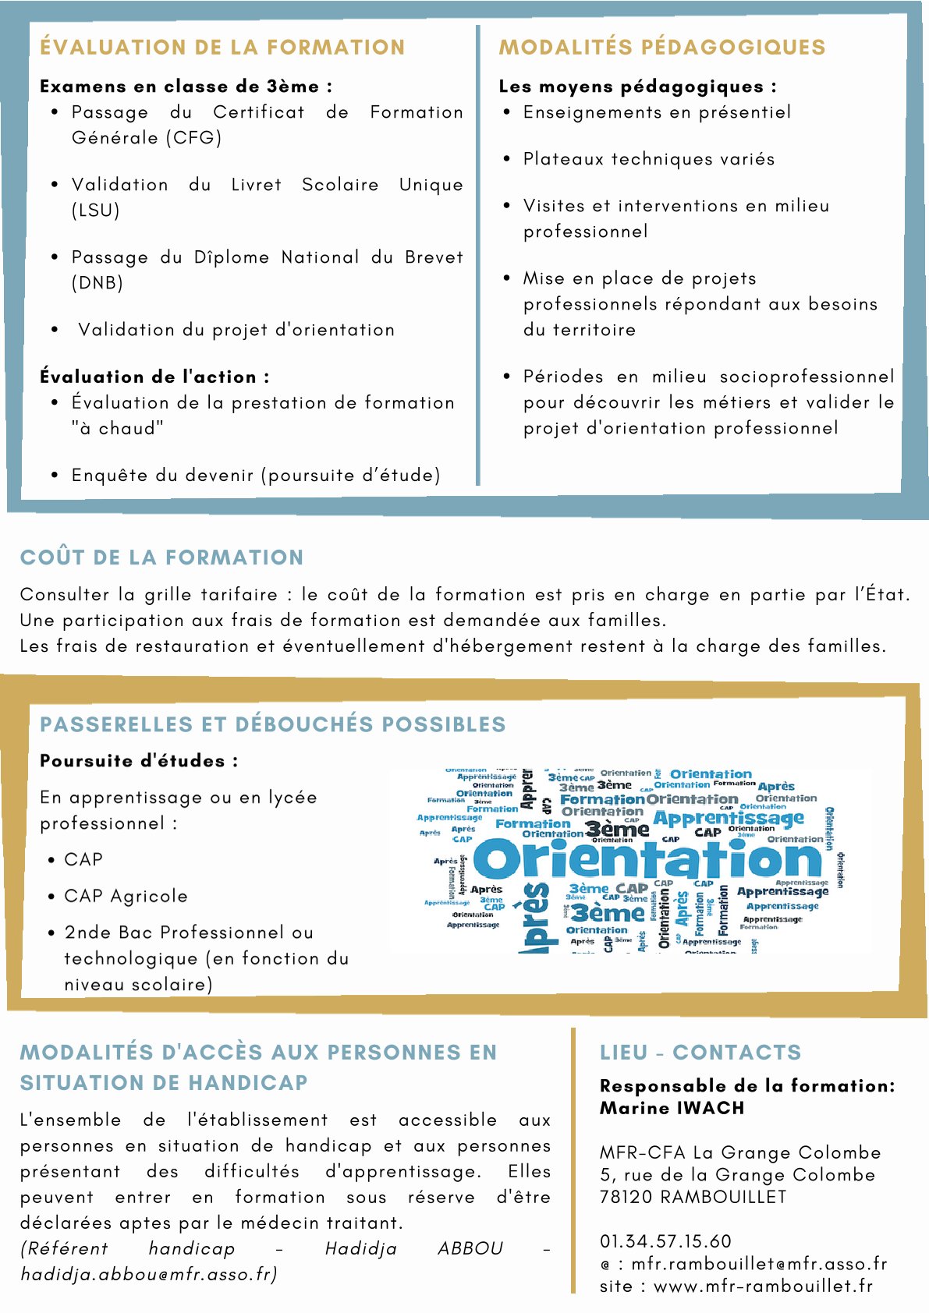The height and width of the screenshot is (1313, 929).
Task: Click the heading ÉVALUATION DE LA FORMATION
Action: coord(222,48)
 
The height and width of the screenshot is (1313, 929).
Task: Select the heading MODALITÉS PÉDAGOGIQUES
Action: coord(661,48)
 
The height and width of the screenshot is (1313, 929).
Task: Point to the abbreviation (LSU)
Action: coord(95,211)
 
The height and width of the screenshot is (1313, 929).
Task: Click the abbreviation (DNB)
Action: coord(97,283)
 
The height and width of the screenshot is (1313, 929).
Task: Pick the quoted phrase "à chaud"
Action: coord(117,429)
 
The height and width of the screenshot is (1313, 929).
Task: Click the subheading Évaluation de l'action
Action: coord(154,377)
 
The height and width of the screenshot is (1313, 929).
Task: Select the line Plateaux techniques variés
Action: coord(649,160)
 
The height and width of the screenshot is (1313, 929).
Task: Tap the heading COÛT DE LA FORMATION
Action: coord(161,557)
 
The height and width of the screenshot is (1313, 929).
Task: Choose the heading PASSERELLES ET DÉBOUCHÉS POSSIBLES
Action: coord(272,724)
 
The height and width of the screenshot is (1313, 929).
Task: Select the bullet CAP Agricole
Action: coord(126,897)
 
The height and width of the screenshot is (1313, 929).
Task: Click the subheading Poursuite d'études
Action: coord(139,761)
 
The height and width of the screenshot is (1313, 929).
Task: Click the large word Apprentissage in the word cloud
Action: coord(728,818)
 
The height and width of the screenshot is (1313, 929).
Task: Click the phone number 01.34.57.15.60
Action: coord(665,1241)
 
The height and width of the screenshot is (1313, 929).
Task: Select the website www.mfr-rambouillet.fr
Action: coord(763,1286)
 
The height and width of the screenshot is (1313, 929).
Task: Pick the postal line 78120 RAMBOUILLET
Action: coord(693,1197)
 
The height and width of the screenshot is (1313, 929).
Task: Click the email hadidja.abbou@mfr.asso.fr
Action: coord(148,1274)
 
